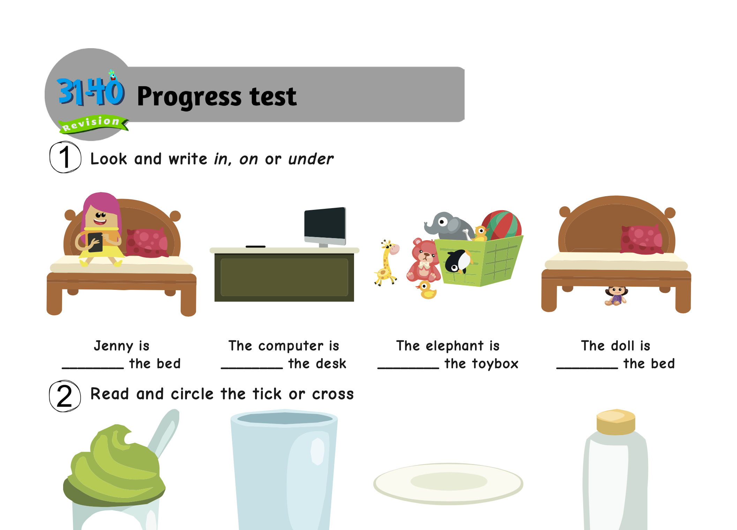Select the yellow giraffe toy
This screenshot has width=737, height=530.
tap(386, 263)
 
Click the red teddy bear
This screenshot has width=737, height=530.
tap(423, 260)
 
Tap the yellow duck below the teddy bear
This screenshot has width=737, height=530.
tap(426, 290)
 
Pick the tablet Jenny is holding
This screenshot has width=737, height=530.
tap(95, 242)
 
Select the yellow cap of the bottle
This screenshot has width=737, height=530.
tap(616, 422)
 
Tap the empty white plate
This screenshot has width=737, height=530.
tap(448, 484)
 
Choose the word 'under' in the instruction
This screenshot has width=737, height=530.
tap(311, 159)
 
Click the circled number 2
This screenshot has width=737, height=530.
tap(65, 396)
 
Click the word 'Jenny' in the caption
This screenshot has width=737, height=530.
tap(114, 346)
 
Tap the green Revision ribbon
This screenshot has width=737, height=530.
tap(93, 124)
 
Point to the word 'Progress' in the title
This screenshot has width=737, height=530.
tap(189, 97)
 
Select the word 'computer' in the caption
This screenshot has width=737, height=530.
tap(291, 346)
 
